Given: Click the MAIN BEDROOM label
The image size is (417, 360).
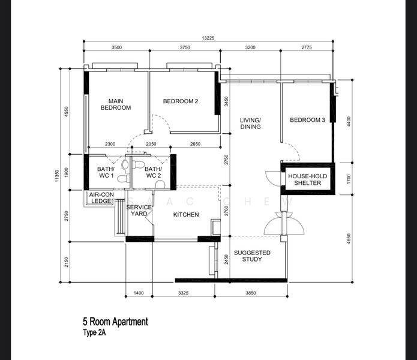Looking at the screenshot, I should [x=116, y=104].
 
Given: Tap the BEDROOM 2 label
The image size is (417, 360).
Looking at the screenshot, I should [x=181, y=101].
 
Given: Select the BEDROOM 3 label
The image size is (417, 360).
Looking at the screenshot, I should [x=307, y=120].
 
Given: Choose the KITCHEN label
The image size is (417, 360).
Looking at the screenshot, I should [x=186, y=215].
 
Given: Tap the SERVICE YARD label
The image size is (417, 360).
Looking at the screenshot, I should [x=139, y=211].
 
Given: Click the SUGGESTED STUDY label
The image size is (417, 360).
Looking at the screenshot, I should [x=252, y=256].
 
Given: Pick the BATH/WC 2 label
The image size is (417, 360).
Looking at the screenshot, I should [x=153, y=172].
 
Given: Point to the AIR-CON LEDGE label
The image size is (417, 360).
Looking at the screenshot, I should [x=101, y=198].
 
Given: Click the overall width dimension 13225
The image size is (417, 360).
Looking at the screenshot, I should [x=208, y=38].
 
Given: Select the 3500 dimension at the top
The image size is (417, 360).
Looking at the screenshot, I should [x=116, y=47].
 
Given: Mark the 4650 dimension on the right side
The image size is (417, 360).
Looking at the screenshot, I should [x=349, y=239].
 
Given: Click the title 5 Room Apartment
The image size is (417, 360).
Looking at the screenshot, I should [x=115, y=322].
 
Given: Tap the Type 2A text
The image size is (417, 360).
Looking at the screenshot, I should [x=96, y=333].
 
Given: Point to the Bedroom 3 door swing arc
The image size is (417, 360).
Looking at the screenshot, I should [x=290, y=149].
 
